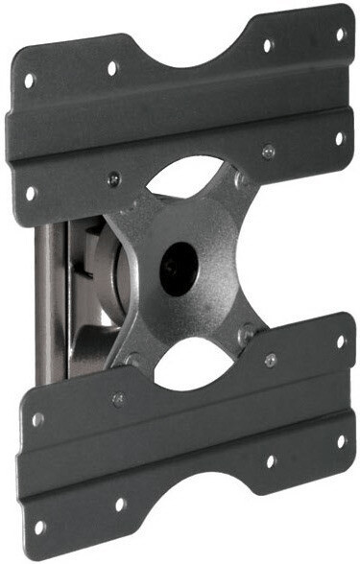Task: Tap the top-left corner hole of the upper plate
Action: pos(30,81)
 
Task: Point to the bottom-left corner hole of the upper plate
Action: pos(30,192)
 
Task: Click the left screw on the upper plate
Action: pos(114,177)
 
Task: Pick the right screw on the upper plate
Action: pos(269,151)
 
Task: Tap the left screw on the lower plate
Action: pos(117,399)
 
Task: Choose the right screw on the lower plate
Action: pos(271,360)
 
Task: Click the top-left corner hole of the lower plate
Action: pos(37,419)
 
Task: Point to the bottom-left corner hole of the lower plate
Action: pos(39,527)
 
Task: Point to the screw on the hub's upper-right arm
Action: pos(239,179)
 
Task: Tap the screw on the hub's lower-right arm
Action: pos(247,335)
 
